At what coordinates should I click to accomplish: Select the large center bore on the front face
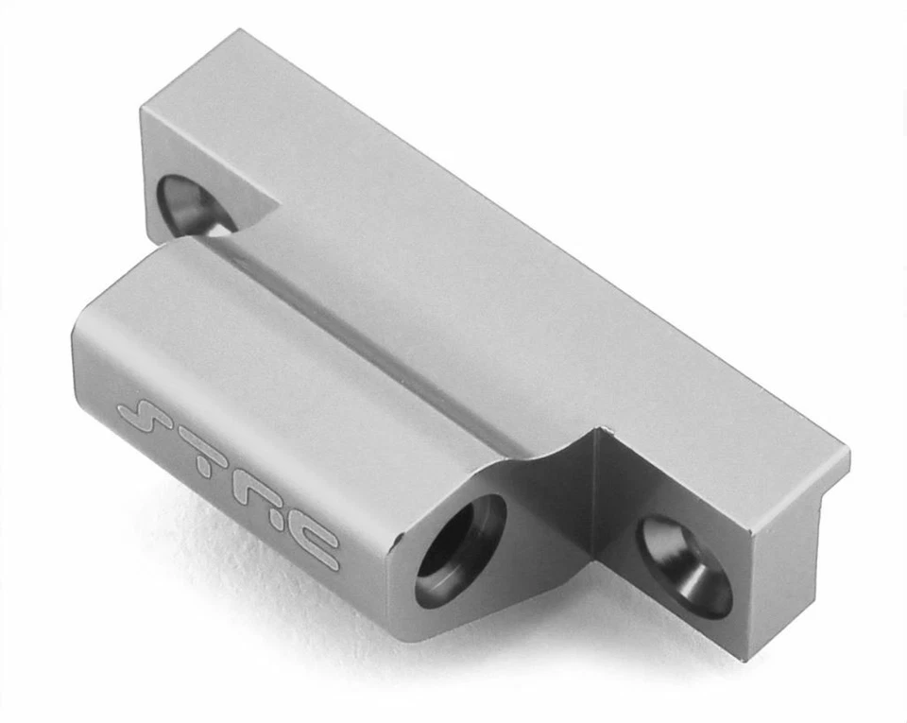tap(460, 549)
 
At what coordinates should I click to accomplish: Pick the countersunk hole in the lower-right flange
tap(683, 565)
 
